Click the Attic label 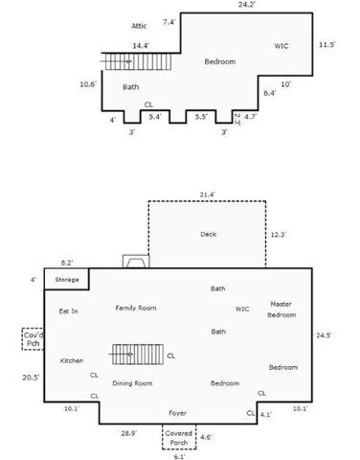click(x=140, y=26)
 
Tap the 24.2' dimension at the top click(x=246, y=5)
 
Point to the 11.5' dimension click(x=326, y=44)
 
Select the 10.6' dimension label click(x=88, y=84)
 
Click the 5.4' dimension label click(x=155, y=116)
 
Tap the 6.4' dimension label click(x=269, y=93)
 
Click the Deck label click(x=209, y=234)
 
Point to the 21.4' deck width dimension click(x=207, y=195)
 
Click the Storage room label click(x=67, y=280)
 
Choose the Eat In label click(x=69, y=310)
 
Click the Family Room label click(x=136, y=308)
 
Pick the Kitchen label click(x=72, y=360)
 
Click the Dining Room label click(x=132, y=382)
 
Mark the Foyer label click(x=177, y=413)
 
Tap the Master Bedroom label click(x=281, y=309)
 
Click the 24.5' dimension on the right click(x=325, y=334)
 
